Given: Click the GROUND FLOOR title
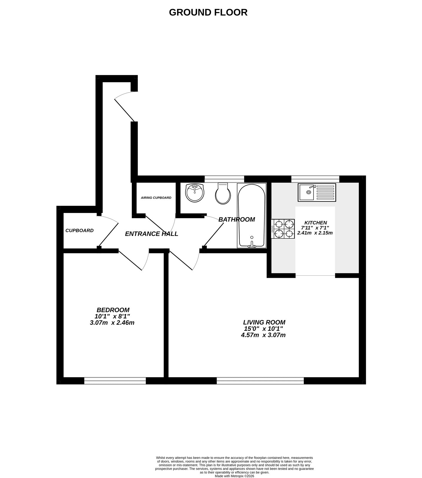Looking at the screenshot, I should coord(208,12).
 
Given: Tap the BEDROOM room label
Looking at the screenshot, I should coord(113,310).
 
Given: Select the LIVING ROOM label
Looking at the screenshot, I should coord(264,322).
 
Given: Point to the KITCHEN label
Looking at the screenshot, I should coord(316,223).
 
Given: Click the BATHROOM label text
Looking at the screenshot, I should coord(237,219).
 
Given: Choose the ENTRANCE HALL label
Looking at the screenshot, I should coord(151,234).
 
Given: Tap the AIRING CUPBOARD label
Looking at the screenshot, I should coord(156,198).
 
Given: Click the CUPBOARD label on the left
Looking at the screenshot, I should coord(79,230).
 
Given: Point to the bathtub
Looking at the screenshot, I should coord(252,215).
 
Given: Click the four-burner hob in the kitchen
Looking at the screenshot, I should coord(283,229).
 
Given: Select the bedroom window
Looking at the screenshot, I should coord(115,381).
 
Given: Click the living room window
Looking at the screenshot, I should coord(260,381).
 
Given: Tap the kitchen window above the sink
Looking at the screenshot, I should coord(315,179).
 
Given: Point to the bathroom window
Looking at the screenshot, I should coord(224,179).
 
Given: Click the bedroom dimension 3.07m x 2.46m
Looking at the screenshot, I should coord(112,323).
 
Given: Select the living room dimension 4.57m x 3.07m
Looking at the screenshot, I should coord(263,335).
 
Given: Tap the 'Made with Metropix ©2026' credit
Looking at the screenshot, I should coord(234,476).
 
